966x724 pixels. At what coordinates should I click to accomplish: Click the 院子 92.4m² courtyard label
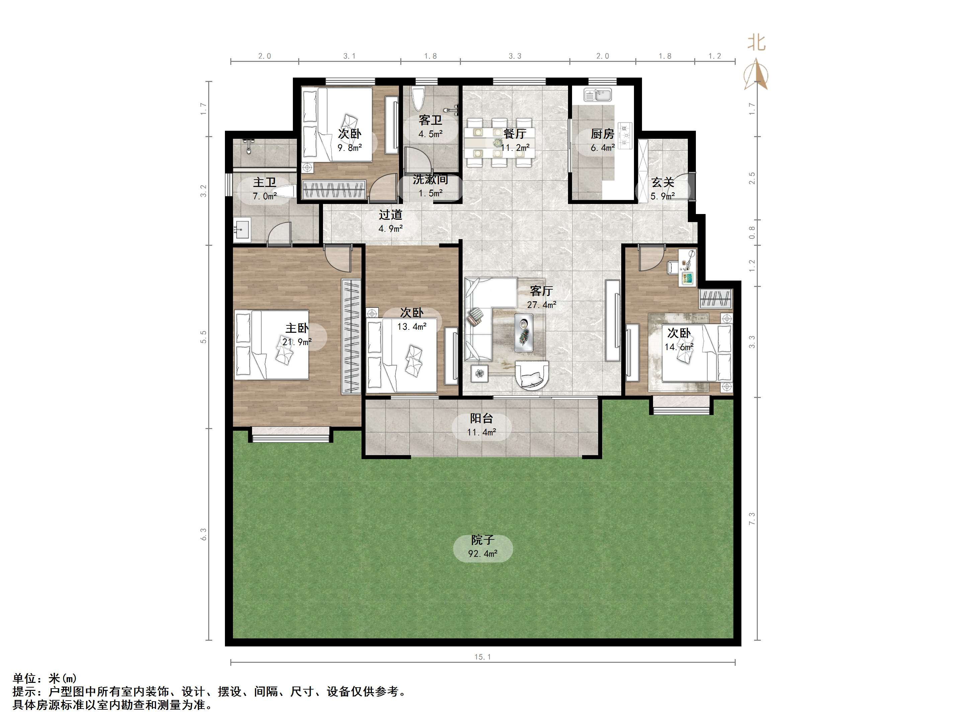click(483, 547)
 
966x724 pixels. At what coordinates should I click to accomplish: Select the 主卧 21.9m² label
click(297, 335)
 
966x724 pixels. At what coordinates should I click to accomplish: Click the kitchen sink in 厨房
click(598, 94)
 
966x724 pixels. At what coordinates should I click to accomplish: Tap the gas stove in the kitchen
click(625, 134)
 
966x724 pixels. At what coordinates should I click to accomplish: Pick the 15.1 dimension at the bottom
click(483, 657)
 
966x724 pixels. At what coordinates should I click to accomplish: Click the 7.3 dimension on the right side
click(751, 518)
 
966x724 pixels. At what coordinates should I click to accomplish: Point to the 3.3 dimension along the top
click(515, 56)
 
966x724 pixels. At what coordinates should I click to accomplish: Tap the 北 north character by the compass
click(756, 43)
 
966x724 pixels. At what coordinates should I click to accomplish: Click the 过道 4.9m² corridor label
click(390, 221)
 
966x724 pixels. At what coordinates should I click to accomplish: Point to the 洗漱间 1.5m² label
click(430, 186)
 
